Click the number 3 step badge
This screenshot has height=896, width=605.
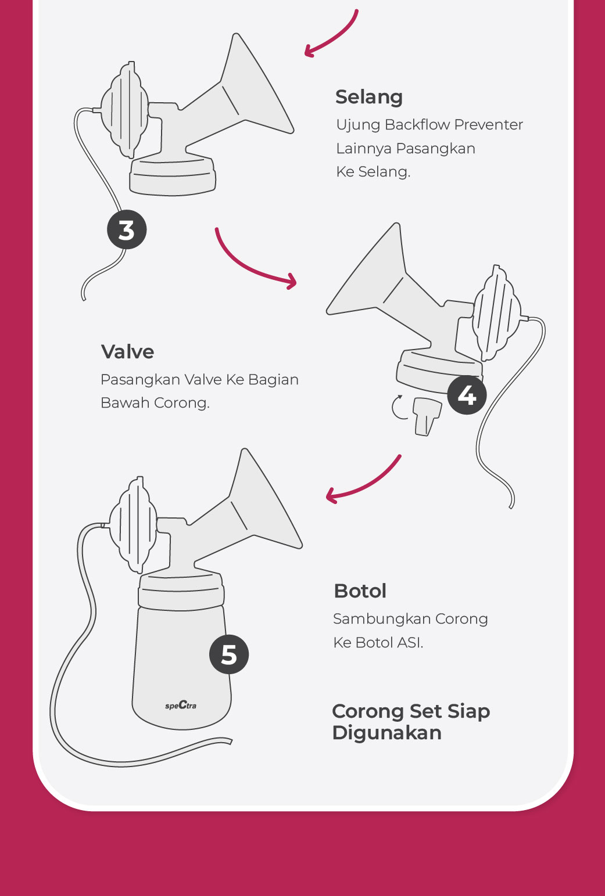(127, 229)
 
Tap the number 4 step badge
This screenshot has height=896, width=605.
(467, 395)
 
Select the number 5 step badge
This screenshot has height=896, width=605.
(229, 654)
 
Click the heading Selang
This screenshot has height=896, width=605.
(369, 98)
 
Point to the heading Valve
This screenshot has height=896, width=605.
(127, 352)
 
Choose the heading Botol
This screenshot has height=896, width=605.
(360, 591)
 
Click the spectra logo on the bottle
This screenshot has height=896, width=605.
(181, 705)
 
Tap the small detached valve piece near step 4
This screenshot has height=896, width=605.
(427, 416)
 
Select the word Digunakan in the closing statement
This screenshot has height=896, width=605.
(387, 733)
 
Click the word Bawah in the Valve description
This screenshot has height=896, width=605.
(125, 403)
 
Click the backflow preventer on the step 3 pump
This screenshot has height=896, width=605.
(124, 110)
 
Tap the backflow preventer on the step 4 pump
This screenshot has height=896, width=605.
(496, 313)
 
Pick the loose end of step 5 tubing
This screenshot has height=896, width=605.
(230, 741)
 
